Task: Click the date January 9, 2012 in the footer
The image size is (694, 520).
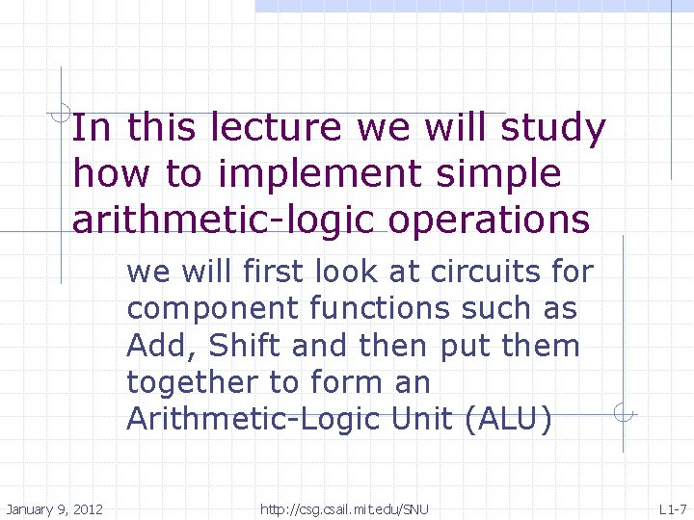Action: pos(55,508)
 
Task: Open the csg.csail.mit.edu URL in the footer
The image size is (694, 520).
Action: pos(344,508)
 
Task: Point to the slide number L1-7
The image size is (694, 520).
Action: pos(672,508)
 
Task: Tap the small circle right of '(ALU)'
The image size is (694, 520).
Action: pos(625,415)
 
